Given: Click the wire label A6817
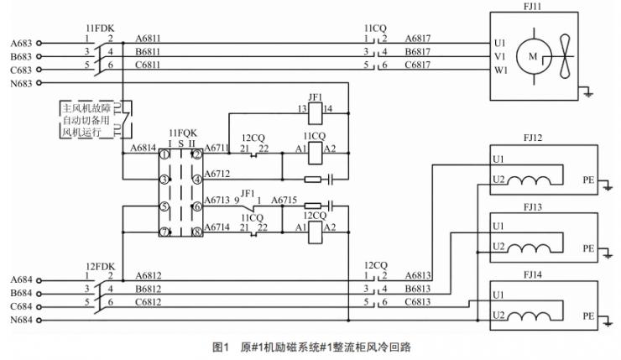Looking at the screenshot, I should tap(419, 38).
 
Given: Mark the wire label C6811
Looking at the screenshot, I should tap(149, 65).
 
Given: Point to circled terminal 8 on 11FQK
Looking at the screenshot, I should tap(196, 232).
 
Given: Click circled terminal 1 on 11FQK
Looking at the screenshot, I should tap(166, 154).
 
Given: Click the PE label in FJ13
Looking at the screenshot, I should tap(588, 248).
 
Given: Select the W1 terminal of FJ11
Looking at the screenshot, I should tap(500, 70).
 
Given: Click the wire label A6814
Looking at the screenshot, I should tap(144, 149).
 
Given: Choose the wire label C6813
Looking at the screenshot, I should tap(419, 301).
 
